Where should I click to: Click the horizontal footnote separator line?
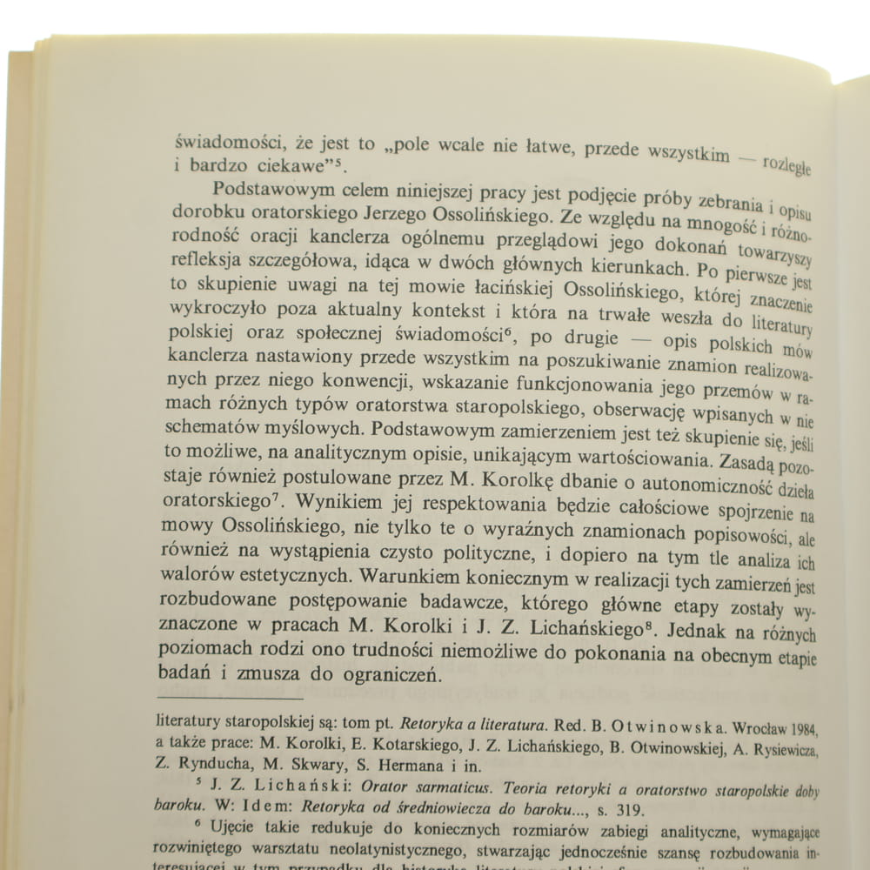(228, 698)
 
